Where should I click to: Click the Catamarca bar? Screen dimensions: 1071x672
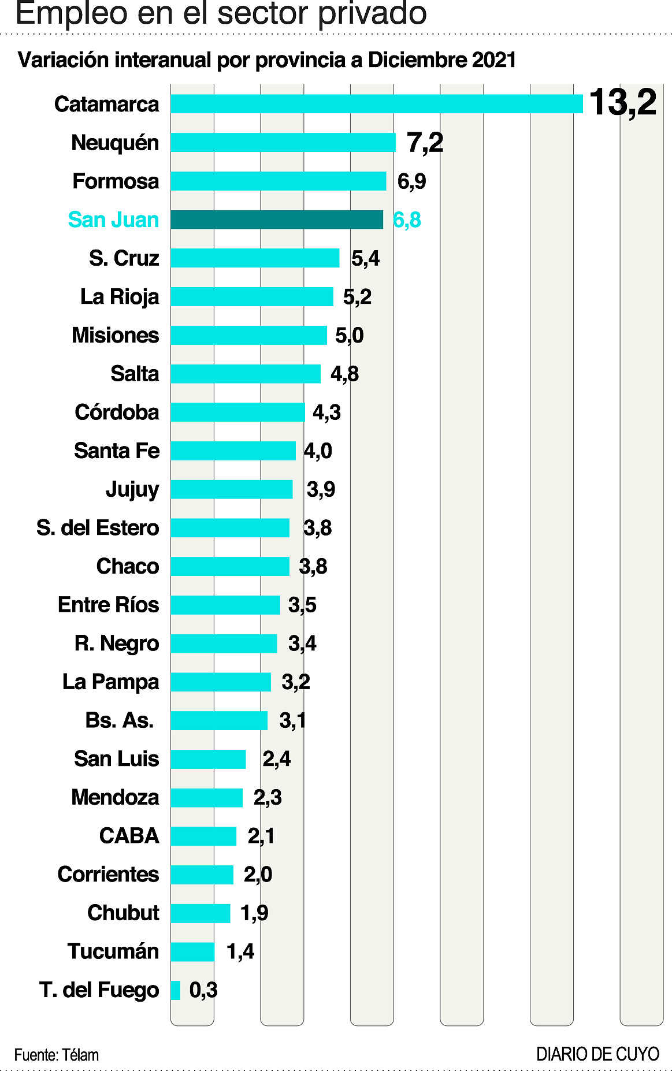(376, 104)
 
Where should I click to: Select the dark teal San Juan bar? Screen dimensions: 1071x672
(276, 220)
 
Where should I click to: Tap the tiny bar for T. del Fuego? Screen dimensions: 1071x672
(175, 990)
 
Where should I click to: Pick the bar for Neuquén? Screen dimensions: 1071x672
(283, 143)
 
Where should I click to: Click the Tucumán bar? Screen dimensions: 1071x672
(192, 951)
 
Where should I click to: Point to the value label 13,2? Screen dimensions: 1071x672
(623, 103)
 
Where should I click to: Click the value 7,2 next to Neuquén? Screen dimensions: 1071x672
(425, 143)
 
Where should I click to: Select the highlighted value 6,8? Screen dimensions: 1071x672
(407, 220)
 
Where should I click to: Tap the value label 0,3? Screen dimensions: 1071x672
(203, 990)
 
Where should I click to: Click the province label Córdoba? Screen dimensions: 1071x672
(117, 412)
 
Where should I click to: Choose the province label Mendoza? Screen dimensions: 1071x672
(115, 798)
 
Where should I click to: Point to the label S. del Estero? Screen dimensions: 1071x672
(98, 528)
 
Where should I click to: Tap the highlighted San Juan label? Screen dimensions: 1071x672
(113, 220)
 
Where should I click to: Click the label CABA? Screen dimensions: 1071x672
(129, 836)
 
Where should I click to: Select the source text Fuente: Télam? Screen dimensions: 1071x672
(57, 1055)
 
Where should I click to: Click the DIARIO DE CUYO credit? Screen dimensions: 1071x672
(597, 1054)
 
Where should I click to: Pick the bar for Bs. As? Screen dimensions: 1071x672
(219, 720)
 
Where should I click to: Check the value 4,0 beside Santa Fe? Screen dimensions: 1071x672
(318, 451)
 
